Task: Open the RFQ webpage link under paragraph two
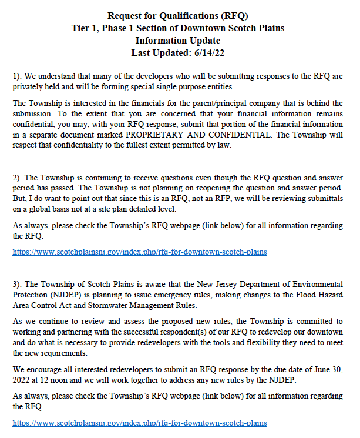(x=140, y=252)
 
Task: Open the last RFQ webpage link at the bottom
(x=140, y=423)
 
